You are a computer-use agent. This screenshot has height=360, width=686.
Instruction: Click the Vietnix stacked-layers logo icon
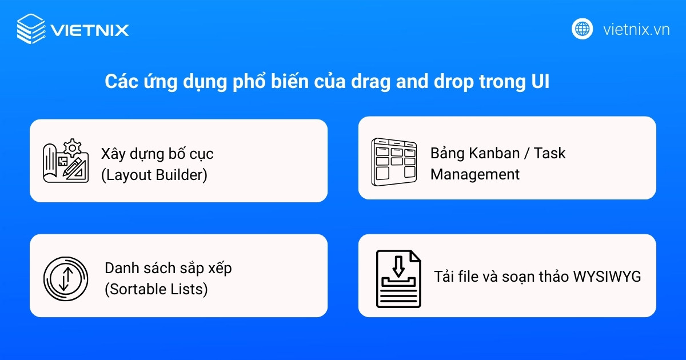pyautogui.click(x=30, y=29)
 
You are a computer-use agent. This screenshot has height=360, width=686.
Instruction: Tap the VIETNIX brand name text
pyautogui.click(x=90, y=30)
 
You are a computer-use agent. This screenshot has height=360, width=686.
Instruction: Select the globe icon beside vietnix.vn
pyautogui.click(x=583, y=29)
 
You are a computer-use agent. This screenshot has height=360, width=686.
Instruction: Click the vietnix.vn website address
pyautogui.click(x=636, y=29)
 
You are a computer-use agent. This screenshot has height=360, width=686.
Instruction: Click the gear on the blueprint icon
pyautogui.click(x=73, y=149)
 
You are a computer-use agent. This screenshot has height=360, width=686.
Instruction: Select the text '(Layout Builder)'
pyautogui.click(x=154, y=175)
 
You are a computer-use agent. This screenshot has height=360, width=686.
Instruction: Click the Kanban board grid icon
pyautogui.click(x=394, y=162)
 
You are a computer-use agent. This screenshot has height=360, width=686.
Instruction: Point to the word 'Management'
pyautogui.click(x=475, y=174)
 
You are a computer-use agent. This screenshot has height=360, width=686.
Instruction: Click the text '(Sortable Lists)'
pyautogui.click(x=156, y=289)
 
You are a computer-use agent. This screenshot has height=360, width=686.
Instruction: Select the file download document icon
pyautogui.click(x=398, y=279)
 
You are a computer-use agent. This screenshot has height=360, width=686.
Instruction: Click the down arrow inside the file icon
pyautogui.click(x=398, y=265)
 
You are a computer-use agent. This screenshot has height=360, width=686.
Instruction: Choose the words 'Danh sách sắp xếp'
pyautogui.click(x=168, y=267)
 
